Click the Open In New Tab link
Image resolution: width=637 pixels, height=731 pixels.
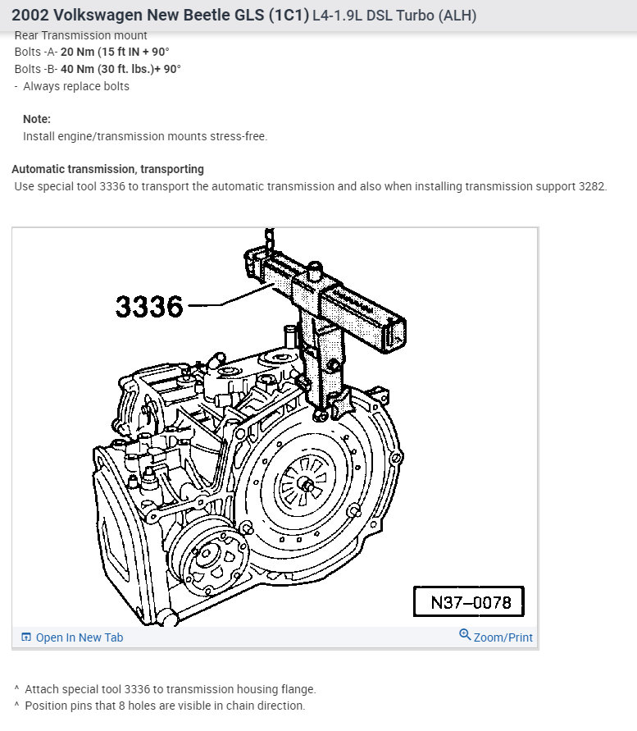[80, 637]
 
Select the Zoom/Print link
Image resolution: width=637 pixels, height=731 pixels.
[503, 637]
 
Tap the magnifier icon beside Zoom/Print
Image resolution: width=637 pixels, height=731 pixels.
[465, 634]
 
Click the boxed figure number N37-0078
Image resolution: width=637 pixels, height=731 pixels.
[469, 602]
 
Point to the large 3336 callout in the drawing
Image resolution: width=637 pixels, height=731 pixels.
[149, 307]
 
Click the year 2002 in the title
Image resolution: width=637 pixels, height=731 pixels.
[30, 15]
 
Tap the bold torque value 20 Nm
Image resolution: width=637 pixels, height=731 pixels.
[77, 52]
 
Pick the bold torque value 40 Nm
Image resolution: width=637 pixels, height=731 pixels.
[77, 69]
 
